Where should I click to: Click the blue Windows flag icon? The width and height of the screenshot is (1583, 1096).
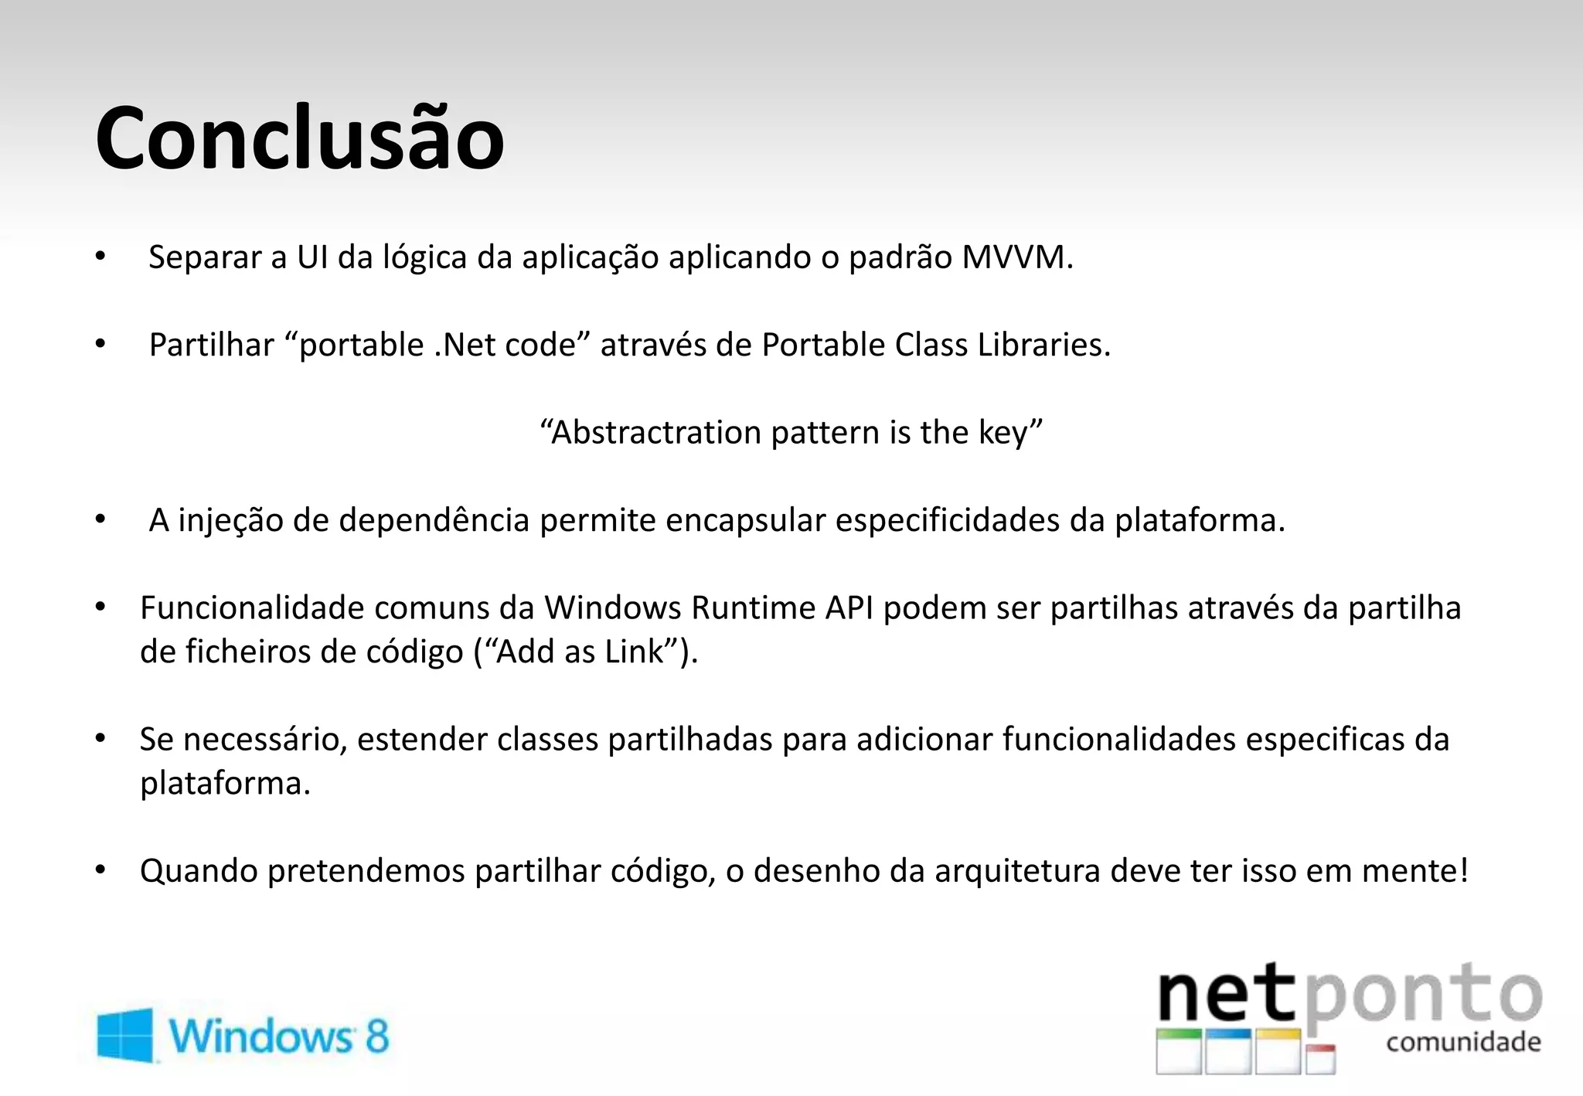pos(124,1034)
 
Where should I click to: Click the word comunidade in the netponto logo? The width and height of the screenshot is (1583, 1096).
pos(1463,1042)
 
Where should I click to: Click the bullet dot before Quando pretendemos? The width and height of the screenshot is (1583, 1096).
pos(100,870)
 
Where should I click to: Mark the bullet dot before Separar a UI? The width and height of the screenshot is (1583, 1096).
pos(100,256)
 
